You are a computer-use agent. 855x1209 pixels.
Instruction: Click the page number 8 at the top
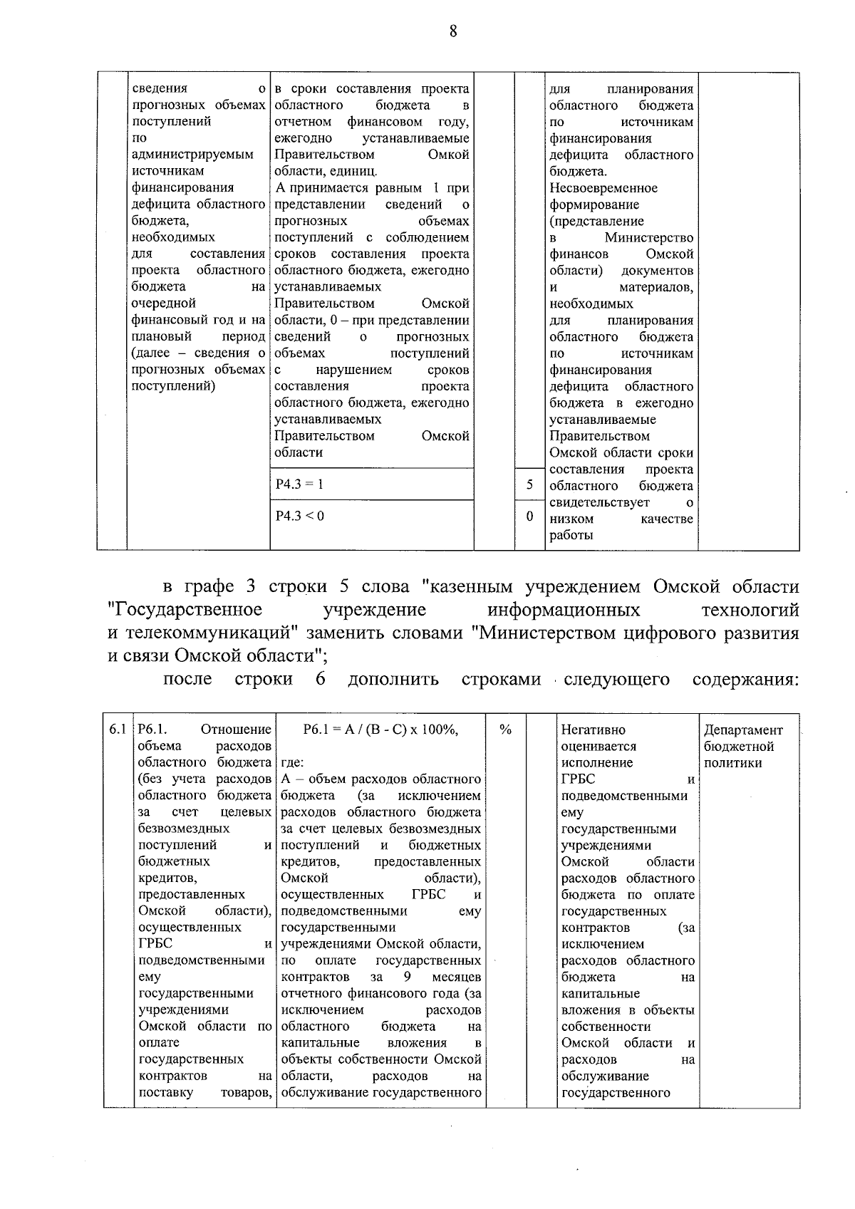(453, 32)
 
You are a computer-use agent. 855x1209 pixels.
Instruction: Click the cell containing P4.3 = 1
(299, 484)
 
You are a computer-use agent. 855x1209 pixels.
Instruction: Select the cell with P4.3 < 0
(299, 516)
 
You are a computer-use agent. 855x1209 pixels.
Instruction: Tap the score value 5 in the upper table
(529, 484)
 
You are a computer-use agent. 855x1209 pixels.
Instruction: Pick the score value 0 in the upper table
(529, 517)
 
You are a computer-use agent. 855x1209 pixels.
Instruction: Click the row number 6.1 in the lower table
(118, 730)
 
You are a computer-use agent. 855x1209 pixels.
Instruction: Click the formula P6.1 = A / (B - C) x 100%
(380, 730)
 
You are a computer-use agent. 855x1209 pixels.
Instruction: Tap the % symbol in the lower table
(506, 730)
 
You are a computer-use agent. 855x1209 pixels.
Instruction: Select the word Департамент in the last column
(743, 730)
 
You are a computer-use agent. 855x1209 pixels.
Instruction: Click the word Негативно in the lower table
(593, 730)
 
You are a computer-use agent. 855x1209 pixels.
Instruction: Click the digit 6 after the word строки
(321, 679)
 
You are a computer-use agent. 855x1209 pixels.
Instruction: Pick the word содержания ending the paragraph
(745, 680)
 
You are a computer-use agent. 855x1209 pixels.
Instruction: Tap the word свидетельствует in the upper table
(599, 503)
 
